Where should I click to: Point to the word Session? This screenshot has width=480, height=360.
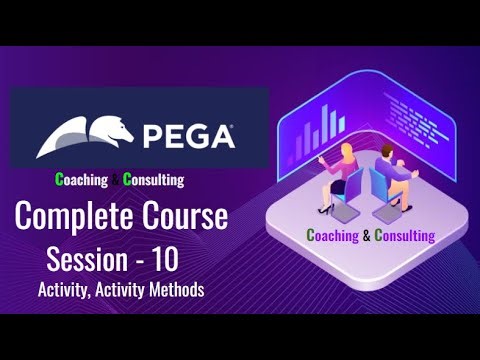tap(90, 258)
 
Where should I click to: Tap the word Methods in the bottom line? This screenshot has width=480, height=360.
tap(169, 290)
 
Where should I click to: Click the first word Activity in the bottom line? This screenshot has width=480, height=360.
tap(63, 290)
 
